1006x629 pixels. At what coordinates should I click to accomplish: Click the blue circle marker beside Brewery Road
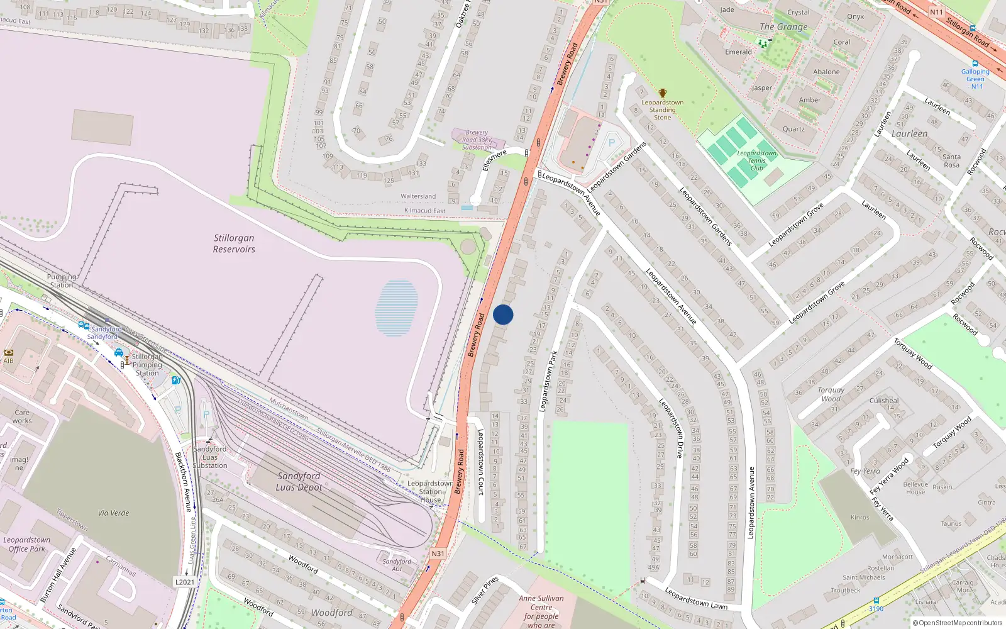(x=503, y=314)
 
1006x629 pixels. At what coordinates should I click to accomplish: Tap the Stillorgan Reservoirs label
(x=234, y=243)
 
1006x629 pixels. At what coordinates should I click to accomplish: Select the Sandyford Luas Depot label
(x=299, y=482)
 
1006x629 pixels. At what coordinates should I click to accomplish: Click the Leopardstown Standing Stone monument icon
(x=662, y=93)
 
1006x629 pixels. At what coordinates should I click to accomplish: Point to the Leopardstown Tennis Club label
(x=756, y=160)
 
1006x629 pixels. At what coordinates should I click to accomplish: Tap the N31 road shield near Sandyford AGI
(x=438, y=554)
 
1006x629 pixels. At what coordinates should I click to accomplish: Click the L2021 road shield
(x=184, y=582)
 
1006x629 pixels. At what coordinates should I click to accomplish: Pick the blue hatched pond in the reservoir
(x=396, y=308)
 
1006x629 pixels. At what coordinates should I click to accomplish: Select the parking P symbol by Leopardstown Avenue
(x=611, y=143)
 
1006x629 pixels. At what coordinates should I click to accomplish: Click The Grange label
(x=783, y=27)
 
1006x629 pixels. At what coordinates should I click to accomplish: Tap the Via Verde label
(x=113, y=513)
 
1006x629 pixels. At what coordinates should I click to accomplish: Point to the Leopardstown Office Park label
(x=26, y=544)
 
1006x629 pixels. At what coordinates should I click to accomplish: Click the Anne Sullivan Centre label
(x=541, y=607)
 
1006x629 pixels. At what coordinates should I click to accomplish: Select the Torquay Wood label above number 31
(x=831, y=394)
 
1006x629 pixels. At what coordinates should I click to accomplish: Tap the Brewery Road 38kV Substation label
(x=477, y=140)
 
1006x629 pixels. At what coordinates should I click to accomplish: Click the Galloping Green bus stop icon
(x=975, y=64)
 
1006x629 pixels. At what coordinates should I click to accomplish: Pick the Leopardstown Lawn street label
(x=695, y=598)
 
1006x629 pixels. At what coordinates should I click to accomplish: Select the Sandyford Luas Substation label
(x=210, y=457)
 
